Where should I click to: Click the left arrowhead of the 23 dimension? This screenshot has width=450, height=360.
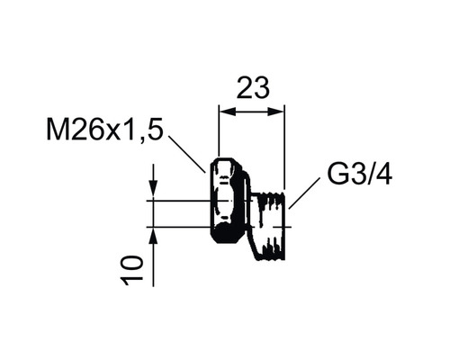(225, 112)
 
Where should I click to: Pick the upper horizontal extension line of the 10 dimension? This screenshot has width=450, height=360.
(184, 198)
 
